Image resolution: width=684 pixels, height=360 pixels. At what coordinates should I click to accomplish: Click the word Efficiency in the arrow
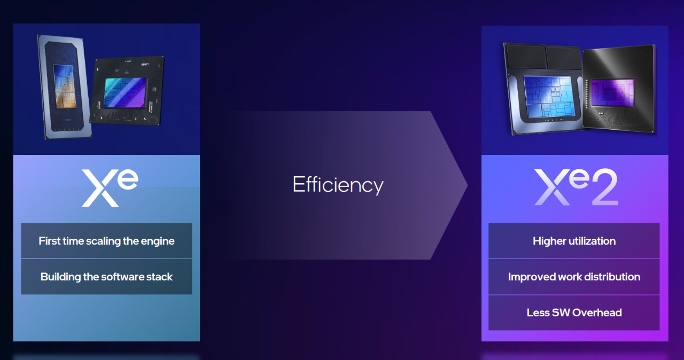[338, 185]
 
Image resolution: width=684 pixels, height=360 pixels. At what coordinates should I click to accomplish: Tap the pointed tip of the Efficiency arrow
[468, 185]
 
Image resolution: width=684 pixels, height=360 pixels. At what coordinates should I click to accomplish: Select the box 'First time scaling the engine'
[106, 241]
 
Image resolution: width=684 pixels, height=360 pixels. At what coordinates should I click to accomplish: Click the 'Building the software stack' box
[106, 277]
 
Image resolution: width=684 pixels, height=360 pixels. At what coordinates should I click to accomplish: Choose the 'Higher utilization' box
[574, 241]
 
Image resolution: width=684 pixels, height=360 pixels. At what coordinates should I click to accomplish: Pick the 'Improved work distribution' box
[574, 277]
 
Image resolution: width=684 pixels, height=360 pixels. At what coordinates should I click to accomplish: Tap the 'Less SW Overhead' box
[574, 312]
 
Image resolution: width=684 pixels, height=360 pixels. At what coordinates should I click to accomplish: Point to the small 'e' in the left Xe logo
[128, 179]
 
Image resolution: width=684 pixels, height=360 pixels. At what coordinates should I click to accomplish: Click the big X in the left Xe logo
[100, 188]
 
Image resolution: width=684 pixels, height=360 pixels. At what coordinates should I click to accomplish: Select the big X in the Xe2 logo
[553, 187]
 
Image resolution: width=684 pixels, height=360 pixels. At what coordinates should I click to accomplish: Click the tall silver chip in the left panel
[64, 87]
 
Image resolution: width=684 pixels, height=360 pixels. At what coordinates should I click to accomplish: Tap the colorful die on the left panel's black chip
[125, 92]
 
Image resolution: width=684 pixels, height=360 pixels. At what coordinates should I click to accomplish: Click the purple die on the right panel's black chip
[613, 93]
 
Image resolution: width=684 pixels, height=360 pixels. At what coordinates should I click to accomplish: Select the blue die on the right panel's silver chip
[549, 97]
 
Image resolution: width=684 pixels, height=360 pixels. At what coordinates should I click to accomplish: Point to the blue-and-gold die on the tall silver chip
[65, 87]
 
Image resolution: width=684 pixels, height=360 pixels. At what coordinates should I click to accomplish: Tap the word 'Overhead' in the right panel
[597, 312]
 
